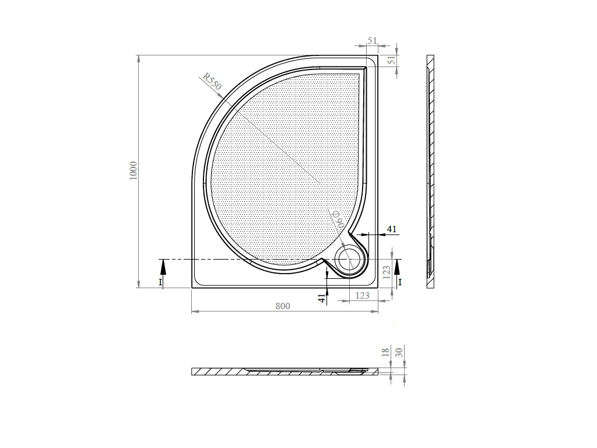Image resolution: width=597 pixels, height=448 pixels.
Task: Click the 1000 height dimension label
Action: point(133,171)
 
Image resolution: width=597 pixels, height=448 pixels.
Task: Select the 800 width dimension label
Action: point(283,306)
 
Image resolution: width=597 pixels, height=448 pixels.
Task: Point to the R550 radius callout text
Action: point(212,81)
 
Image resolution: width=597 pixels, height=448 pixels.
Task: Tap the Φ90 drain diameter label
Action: point(337,219)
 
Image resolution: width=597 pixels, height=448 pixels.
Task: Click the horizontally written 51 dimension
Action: point(373,41)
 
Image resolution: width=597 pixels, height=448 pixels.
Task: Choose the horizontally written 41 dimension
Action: point(392,229)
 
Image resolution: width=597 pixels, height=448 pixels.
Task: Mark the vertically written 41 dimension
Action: point(322,299)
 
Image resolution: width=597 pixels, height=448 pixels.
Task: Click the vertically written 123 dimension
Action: point(387,273)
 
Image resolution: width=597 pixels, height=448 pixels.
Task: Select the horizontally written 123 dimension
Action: point(363,295)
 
